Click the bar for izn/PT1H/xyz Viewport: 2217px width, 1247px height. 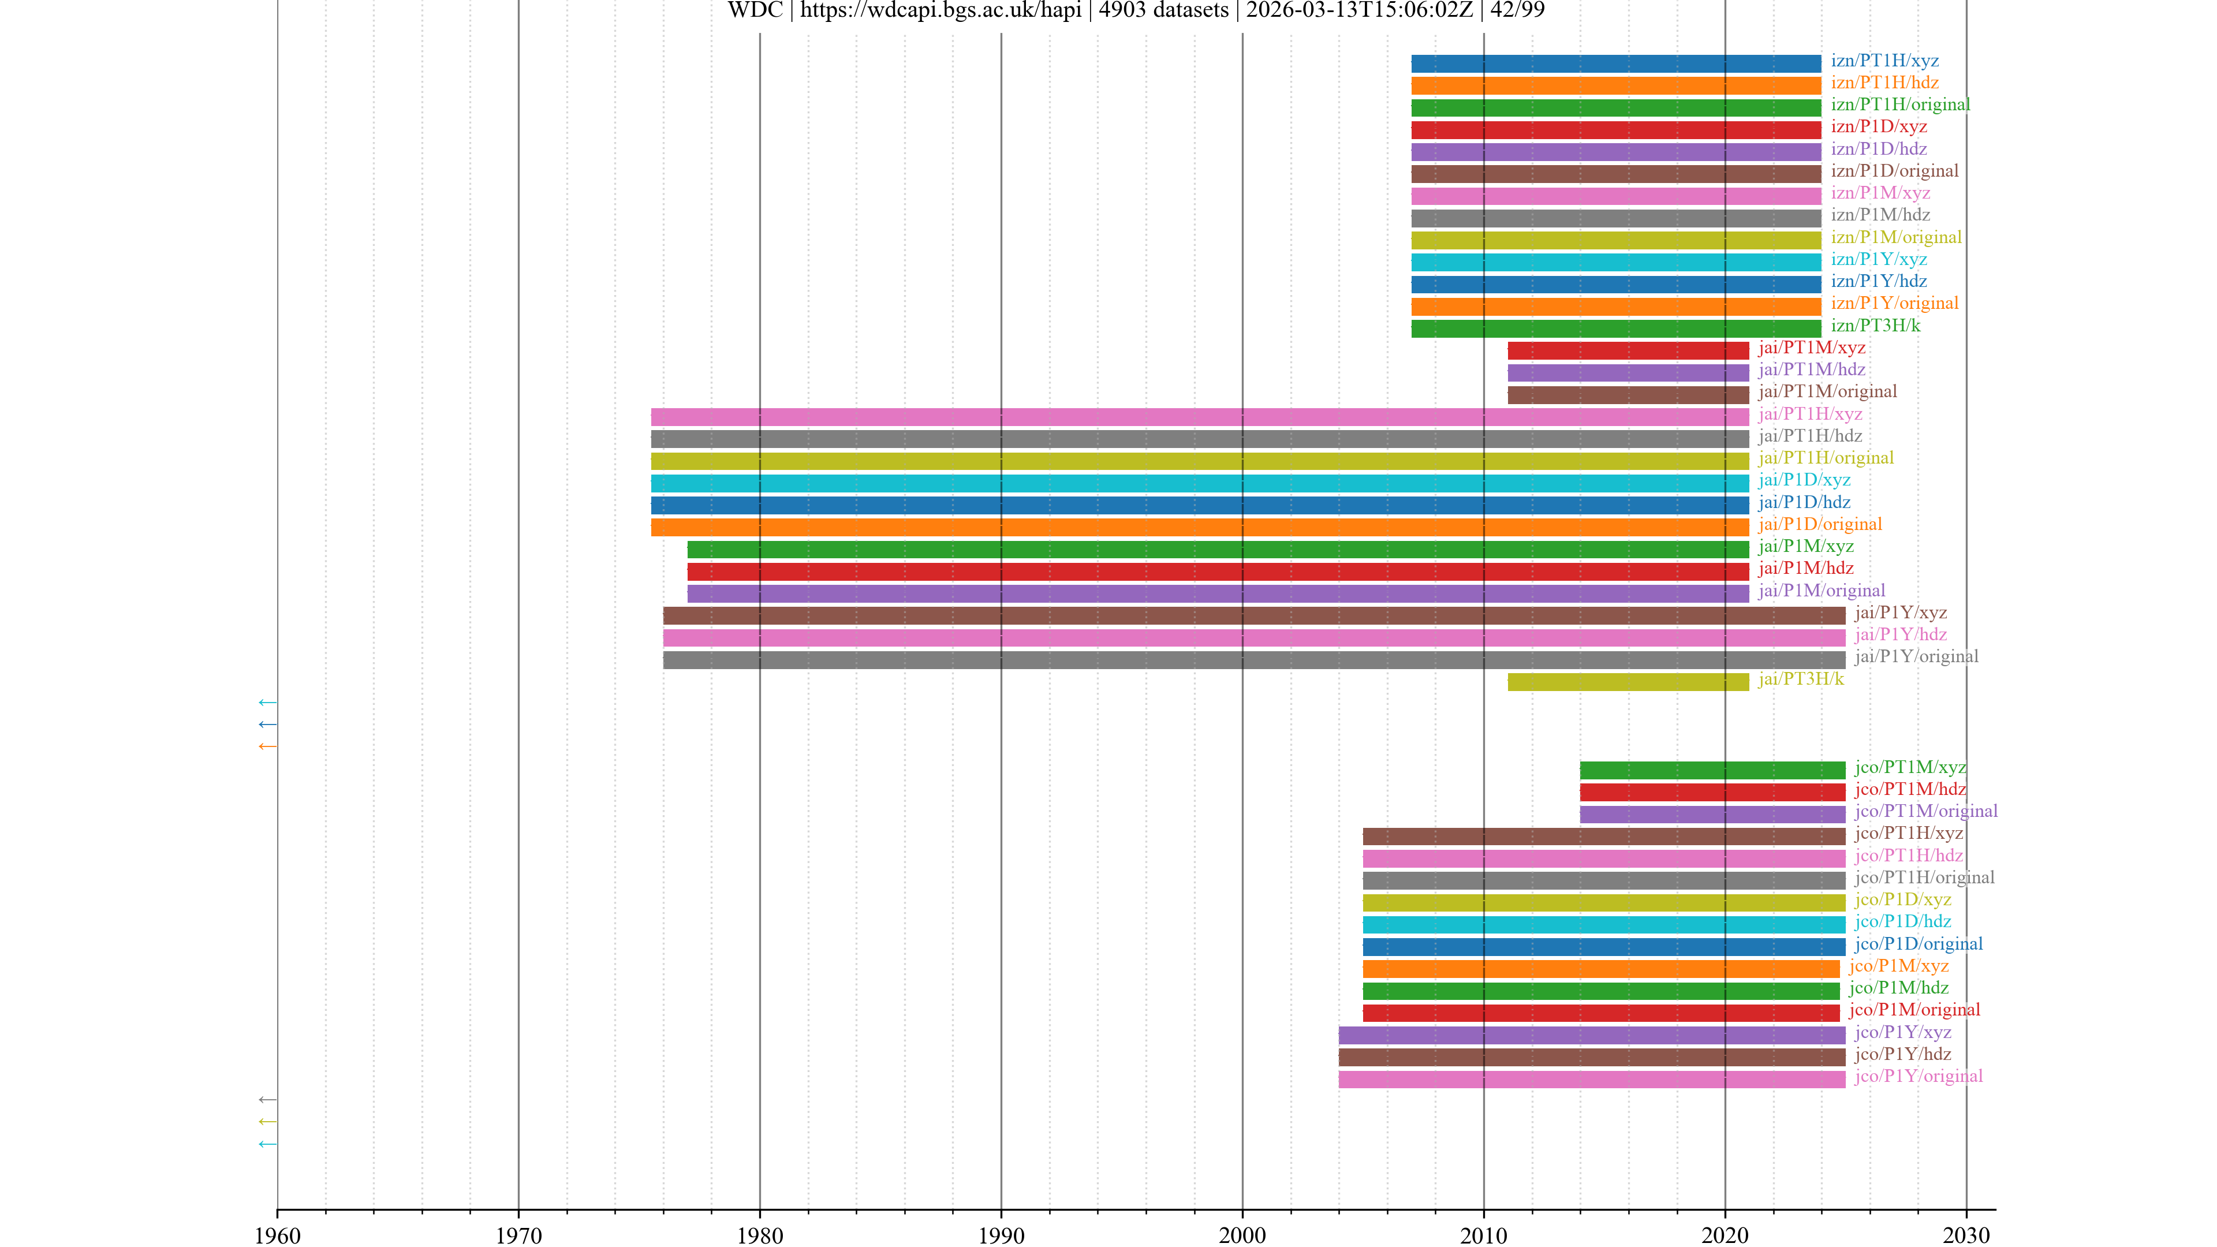(x=1615, y=64)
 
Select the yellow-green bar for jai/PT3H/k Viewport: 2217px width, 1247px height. (x=1628, y=682)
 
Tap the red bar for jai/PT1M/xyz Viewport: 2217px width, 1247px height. (x=1628, y=350)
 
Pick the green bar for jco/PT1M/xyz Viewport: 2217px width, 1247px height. (x=1712, y=770)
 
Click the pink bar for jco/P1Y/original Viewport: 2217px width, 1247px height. (x=1591, y=1079)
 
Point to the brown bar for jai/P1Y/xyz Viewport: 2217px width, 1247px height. (x=1254, y=616)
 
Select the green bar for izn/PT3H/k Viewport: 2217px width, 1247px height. (x=1615, y=328)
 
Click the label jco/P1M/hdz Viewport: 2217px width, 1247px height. (x=1898, y=988)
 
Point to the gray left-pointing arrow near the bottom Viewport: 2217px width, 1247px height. (x=268, y=1100)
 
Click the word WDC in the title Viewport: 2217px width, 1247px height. (x=755, y=10)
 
